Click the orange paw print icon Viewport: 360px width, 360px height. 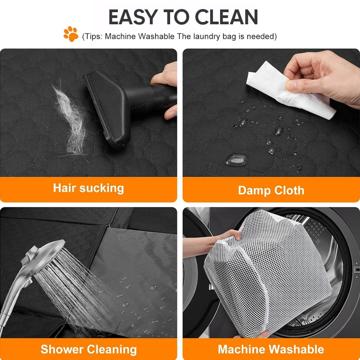tap(71, 34)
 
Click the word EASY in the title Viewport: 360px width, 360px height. tap(133, 17)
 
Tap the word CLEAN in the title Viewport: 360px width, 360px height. tap(226, 17)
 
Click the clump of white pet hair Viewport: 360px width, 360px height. tap(71, 119)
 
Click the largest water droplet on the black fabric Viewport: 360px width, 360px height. tap(236, 160)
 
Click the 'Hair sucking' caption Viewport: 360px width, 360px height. tap(88, 188)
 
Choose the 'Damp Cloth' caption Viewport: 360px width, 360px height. tap(271, 190)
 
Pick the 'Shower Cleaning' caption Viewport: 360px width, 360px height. tap(89, 350)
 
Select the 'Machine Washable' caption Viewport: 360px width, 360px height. tap(271, 349)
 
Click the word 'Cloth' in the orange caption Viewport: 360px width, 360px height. tap(289, 190)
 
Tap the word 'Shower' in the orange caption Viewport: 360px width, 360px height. tap(62, 350)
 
